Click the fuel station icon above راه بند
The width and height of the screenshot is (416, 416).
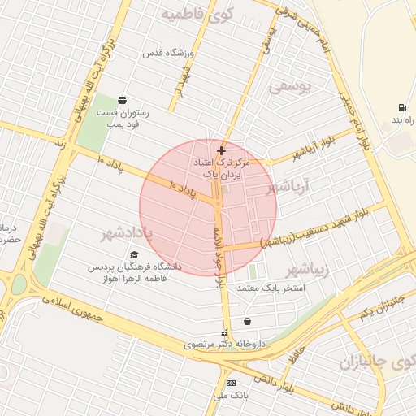tap(402, 107)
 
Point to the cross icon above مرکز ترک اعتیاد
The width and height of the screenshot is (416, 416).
tap(221, 150)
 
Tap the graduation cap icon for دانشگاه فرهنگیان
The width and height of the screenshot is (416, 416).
tap(134, 254)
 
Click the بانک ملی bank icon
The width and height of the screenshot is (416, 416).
tap(231, 383)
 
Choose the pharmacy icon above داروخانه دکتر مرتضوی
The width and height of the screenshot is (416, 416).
tap(225, 332)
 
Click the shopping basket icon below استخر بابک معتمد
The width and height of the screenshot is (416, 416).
tap(247, 321)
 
